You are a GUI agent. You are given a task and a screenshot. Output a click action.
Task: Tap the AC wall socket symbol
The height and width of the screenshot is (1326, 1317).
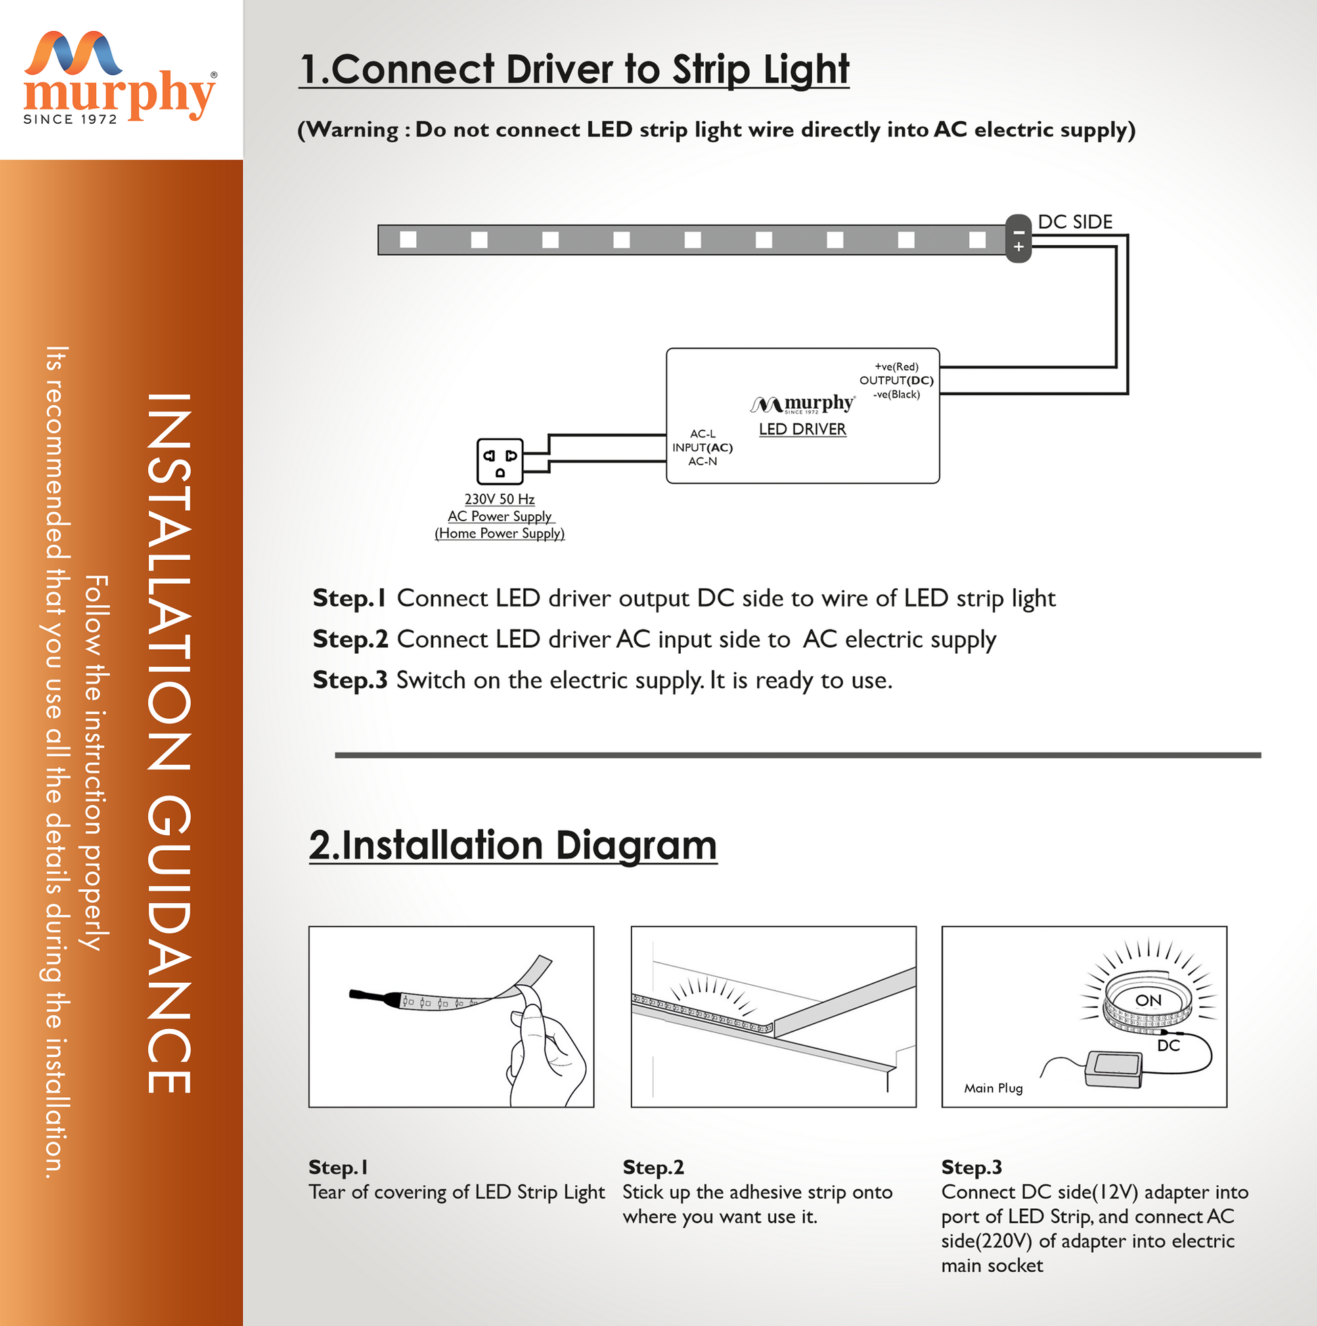click(x=499, y=462)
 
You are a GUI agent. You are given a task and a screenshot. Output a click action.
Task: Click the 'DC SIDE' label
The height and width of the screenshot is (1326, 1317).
click(x=1075, y=222)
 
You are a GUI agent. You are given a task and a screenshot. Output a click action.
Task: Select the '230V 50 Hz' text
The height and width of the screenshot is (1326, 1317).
click(x=499, y=499)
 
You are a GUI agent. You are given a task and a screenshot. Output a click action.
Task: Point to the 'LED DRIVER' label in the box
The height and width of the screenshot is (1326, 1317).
click(x=802, y=429)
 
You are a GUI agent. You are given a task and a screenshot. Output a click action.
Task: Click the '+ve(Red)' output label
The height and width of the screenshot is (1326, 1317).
click(x=896, y=366)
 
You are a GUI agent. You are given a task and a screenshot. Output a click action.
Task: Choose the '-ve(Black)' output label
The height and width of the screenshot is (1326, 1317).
click(x=896, y=394)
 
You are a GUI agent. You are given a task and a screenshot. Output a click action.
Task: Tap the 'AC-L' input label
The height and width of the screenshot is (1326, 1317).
click(x=702, y=434)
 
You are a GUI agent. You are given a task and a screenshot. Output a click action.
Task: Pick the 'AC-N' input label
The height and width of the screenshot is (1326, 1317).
click(x=702, y=461)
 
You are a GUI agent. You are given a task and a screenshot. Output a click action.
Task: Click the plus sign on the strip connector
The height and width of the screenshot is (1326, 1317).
click(x=1019, y=246)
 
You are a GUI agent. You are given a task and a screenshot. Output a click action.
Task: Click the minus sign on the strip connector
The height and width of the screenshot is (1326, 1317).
click(x=1019, y=232)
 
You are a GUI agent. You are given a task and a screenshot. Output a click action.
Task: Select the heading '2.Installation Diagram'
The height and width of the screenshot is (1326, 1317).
click(x=513, y=845)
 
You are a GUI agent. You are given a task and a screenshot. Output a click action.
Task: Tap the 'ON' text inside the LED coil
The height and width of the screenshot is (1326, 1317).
click(x=1148, y=1000)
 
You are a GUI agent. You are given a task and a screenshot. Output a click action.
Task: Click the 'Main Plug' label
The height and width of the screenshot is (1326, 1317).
click(x=993, y=1088)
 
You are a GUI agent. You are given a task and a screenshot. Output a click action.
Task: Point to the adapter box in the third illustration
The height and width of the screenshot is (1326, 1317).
click(x=1114, y=1069)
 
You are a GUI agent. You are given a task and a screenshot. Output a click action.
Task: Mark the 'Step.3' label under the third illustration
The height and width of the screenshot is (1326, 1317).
click(x=971, y=1167)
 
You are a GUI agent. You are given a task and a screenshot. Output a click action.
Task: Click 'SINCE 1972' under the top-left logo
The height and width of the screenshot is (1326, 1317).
click(x=70, y=119)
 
